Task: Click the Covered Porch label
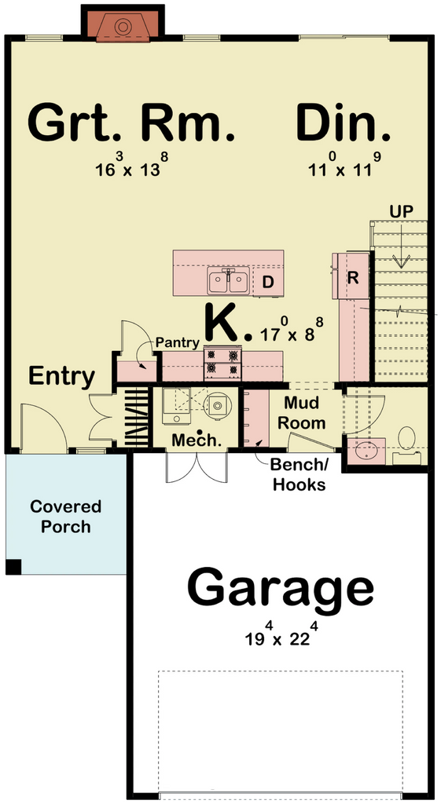click(x=65, y=517)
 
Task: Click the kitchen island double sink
click(x=229, y=280)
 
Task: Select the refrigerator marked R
click(x=352, y=277)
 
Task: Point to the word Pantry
click(x=177, y=342)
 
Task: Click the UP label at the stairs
click(x=402, y=212)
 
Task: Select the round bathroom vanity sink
click(x=365, y=450)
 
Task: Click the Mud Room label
click(x=305, y=413)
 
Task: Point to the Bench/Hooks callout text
click(x=299, y=475)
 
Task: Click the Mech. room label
click(x=197, y=440)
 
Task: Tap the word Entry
click(x=61, y=378)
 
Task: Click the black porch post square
click(x=14, y=567)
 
